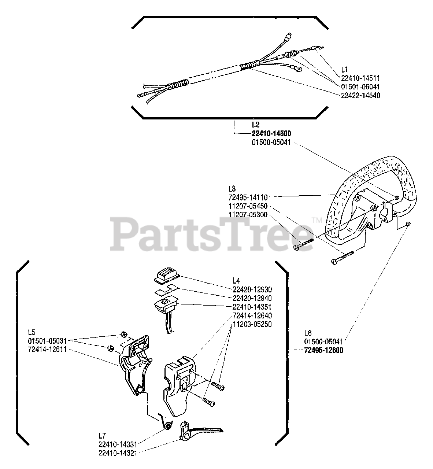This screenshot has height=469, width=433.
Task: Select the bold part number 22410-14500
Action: [271, 133]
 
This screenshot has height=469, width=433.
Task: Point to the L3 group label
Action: [232, 189]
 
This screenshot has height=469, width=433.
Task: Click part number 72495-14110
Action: [248, 197]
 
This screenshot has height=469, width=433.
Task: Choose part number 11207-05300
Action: [248, 215]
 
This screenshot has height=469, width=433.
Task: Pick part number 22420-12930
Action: [252, 289]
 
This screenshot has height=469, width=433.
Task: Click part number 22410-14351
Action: [252, 307]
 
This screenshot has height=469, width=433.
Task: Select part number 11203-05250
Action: [252, 324]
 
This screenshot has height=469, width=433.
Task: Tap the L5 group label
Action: [32, 332]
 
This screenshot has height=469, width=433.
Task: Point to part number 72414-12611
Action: [47, 350]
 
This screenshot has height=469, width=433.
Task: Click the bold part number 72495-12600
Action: [323, 350]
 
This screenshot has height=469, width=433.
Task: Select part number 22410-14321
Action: [118, 453]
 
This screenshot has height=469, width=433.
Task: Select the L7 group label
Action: [102, 435]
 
